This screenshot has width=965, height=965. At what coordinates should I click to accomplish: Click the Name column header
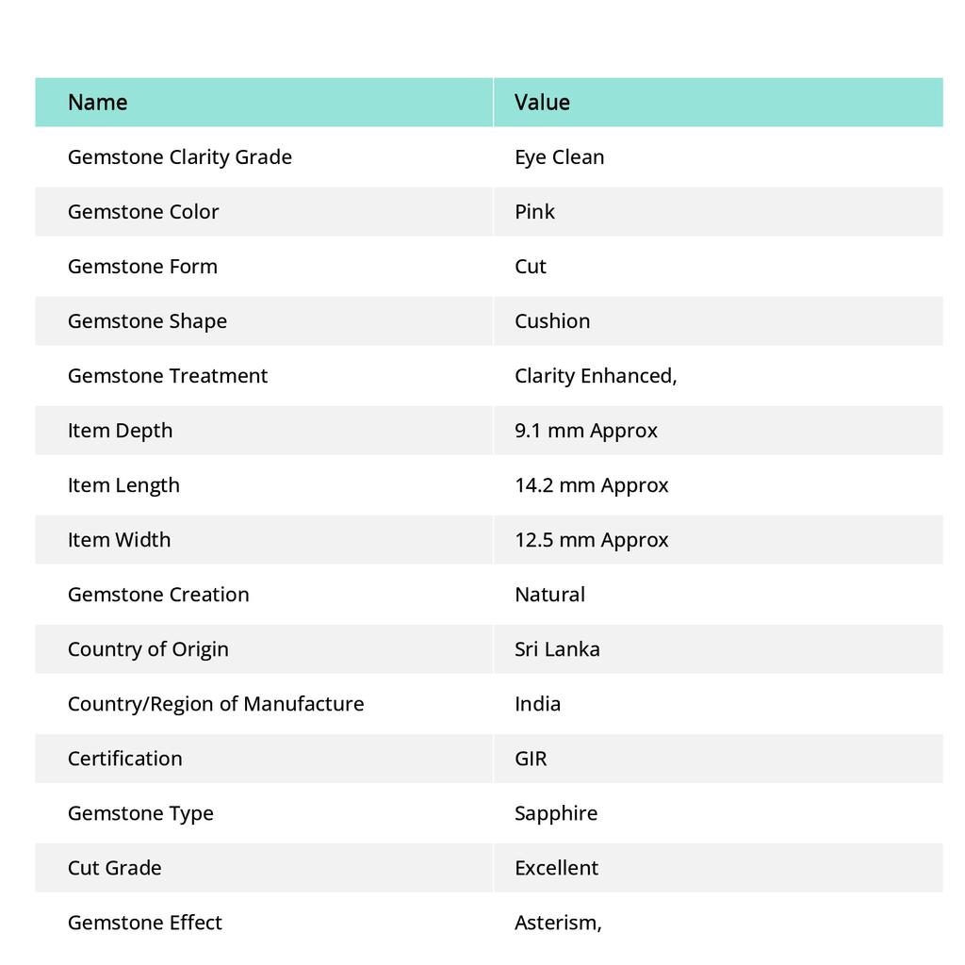[98, 102]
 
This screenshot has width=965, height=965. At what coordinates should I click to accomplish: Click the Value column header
[542, 102]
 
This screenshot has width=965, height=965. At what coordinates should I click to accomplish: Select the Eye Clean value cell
[559, 157]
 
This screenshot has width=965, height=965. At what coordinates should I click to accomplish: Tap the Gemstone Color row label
[143, 212]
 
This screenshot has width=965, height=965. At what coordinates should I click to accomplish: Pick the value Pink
[534, 212]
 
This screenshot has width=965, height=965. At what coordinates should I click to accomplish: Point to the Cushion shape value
[552, 321]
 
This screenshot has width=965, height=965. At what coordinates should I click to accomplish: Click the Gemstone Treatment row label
[168, 376]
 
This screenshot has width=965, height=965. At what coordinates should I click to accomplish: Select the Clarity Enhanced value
[596, 376]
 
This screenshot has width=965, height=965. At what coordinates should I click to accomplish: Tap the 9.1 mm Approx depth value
[586, 431]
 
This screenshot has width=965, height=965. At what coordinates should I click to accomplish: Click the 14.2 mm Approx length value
[592, 485]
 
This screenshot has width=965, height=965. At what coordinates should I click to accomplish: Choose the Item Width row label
[120, 540]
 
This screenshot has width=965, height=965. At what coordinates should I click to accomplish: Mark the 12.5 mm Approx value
[592, 540]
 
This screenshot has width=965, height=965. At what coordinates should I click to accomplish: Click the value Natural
[549, 595]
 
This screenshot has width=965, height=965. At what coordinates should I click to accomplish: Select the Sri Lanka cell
[557, 649]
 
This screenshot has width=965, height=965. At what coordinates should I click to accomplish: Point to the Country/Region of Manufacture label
[216, 704]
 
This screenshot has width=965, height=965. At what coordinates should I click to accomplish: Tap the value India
[537, 704]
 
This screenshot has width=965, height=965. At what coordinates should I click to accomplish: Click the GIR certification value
[531, 759]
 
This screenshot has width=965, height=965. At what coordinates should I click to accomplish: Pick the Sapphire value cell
[556, 813]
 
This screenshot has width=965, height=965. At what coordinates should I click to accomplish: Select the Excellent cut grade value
[556, 868]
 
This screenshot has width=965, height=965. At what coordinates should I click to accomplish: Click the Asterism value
[558, 923]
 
